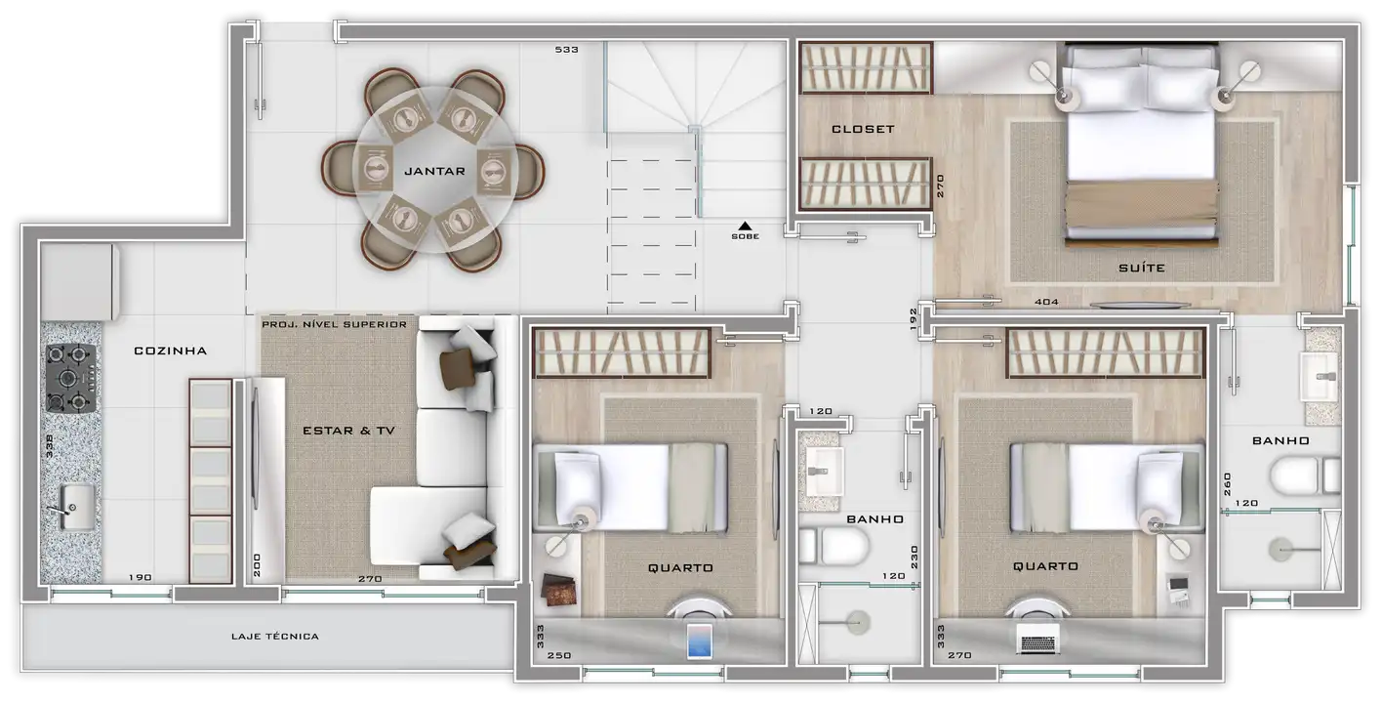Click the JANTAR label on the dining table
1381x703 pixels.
point(434,172)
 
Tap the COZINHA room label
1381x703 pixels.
point(170,351)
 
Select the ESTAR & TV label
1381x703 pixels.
point(349,431)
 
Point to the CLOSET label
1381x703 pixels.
point(863,129)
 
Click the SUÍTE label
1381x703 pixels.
point(1142,268)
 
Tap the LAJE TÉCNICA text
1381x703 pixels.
point(275,637)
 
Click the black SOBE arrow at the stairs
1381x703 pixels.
point(746,226)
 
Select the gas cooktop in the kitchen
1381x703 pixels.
point(71,378)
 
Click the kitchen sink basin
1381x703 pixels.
point(78,507)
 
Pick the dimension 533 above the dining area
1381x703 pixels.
point(567,50)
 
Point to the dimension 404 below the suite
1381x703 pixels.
point(1046,302)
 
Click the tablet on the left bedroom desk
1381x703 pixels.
point(700,641)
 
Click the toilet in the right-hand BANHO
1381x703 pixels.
point(1305,476)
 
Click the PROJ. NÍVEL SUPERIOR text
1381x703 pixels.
point(334,324)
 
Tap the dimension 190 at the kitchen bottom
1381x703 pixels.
point(140,577)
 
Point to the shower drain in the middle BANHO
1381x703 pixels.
point(857,622)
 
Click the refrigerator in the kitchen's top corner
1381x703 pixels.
point(79,282)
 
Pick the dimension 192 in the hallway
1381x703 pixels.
point(914,319)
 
